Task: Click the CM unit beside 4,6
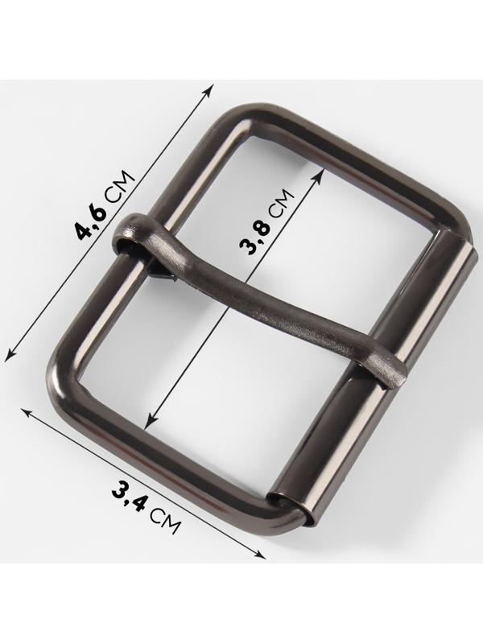tap(119, 185)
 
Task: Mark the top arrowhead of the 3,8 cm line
tap(317, 177)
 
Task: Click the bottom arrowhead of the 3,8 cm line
tap(150, 422)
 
